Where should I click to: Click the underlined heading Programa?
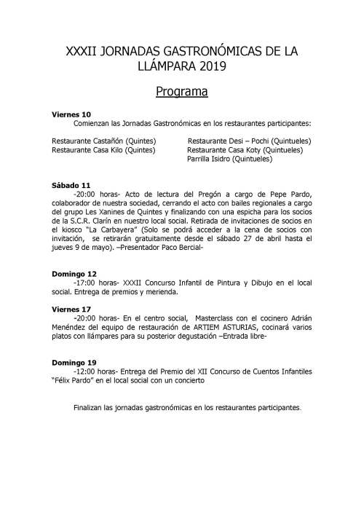pyautogui.click(x=182, y=93)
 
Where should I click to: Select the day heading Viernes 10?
pyautogui.click(x=71, y=114)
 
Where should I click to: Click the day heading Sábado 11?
pyautogui.click(x=71, y=185)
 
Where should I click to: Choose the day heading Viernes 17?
pyautogui.click(x=71, y=310)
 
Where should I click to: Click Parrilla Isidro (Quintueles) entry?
pyautogui.click(x=229, y=158)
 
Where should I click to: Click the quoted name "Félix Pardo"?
pyautogui.click(x=79, y=380)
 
